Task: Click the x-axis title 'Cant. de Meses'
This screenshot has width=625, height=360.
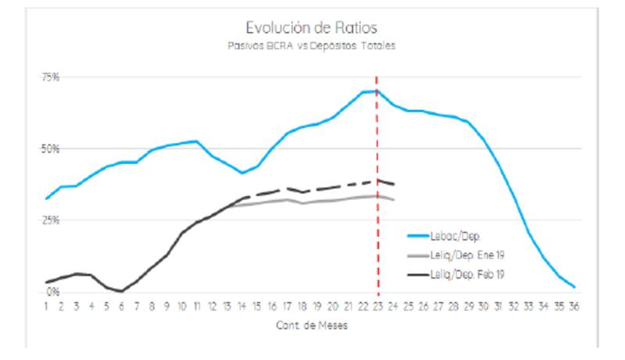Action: tap(312, 326)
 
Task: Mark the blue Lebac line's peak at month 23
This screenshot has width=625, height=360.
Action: tap(377, 91)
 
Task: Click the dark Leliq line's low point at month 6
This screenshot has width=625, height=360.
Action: tap(122, 290)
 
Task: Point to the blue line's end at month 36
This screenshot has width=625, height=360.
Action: tap(574, 287)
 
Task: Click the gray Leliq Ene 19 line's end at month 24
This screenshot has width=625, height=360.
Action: tap(393, 200)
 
